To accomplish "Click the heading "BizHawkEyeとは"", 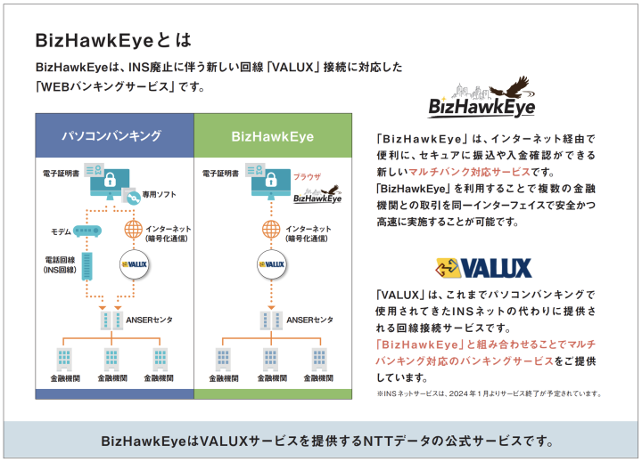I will point(111,41).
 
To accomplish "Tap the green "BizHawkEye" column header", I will point(272,136).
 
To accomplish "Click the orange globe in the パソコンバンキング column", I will point(133,231).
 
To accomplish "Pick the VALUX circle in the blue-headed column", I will point(133,264).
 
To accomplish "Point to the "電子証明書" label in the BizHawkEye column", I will point(221,174).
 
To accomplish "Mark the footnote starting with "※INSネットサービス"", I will point(489,393).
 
